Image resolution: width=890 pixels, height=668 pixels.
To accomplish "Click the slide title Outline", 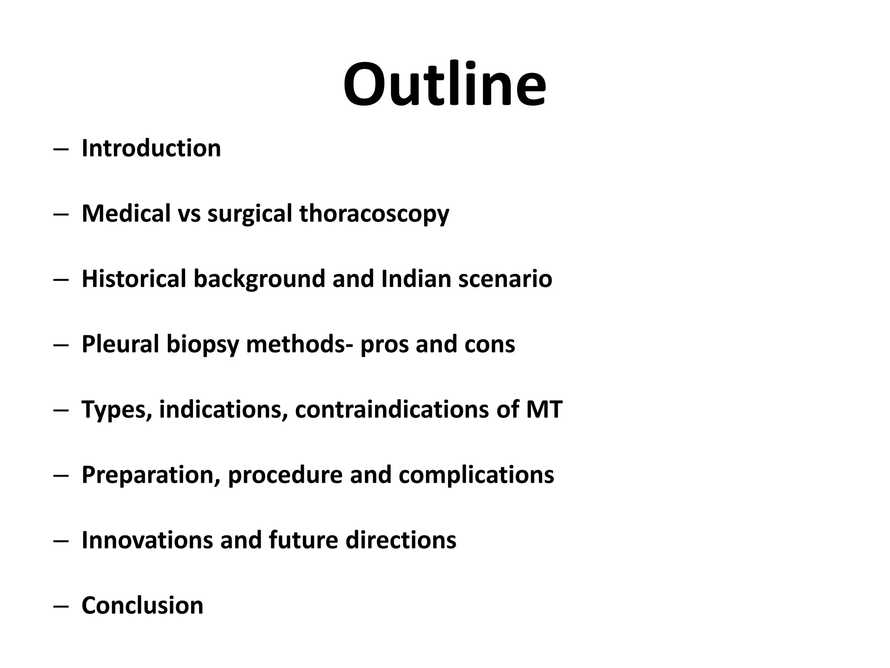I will [444, 84].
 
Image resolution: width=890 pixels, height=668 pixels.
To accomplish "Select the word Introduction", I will [151, 148].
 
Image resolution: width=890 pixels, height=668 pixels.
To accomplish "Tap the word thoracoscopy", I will [374, 214].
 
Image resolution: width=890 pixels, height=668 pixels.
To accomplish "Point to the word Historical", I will [134, 279].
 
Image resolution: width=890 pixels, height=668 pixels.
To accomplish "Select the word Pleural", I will [120, 344].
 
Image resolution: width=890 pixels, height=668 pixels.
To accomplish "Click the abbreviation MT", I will [544, 409].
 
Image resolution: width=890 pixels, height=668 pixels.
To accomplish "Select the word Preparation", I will [151, 475].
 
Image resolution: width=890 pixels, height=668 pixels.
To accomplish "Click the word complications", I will [476, 475].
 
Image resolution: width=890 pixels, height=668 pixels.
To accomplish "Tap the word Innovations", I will [147, 540].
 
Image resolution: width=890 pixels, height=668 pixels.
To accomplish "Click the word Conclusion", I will [143, 605].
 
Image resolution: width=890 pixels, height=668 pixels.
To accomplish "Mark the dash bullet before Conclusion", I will [61, 606].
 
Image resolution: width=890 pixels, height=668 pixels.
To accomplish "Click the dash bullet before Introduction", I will [61, 149].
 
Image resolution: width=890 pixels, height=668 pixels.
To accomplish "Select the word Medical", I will [126, 214].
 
